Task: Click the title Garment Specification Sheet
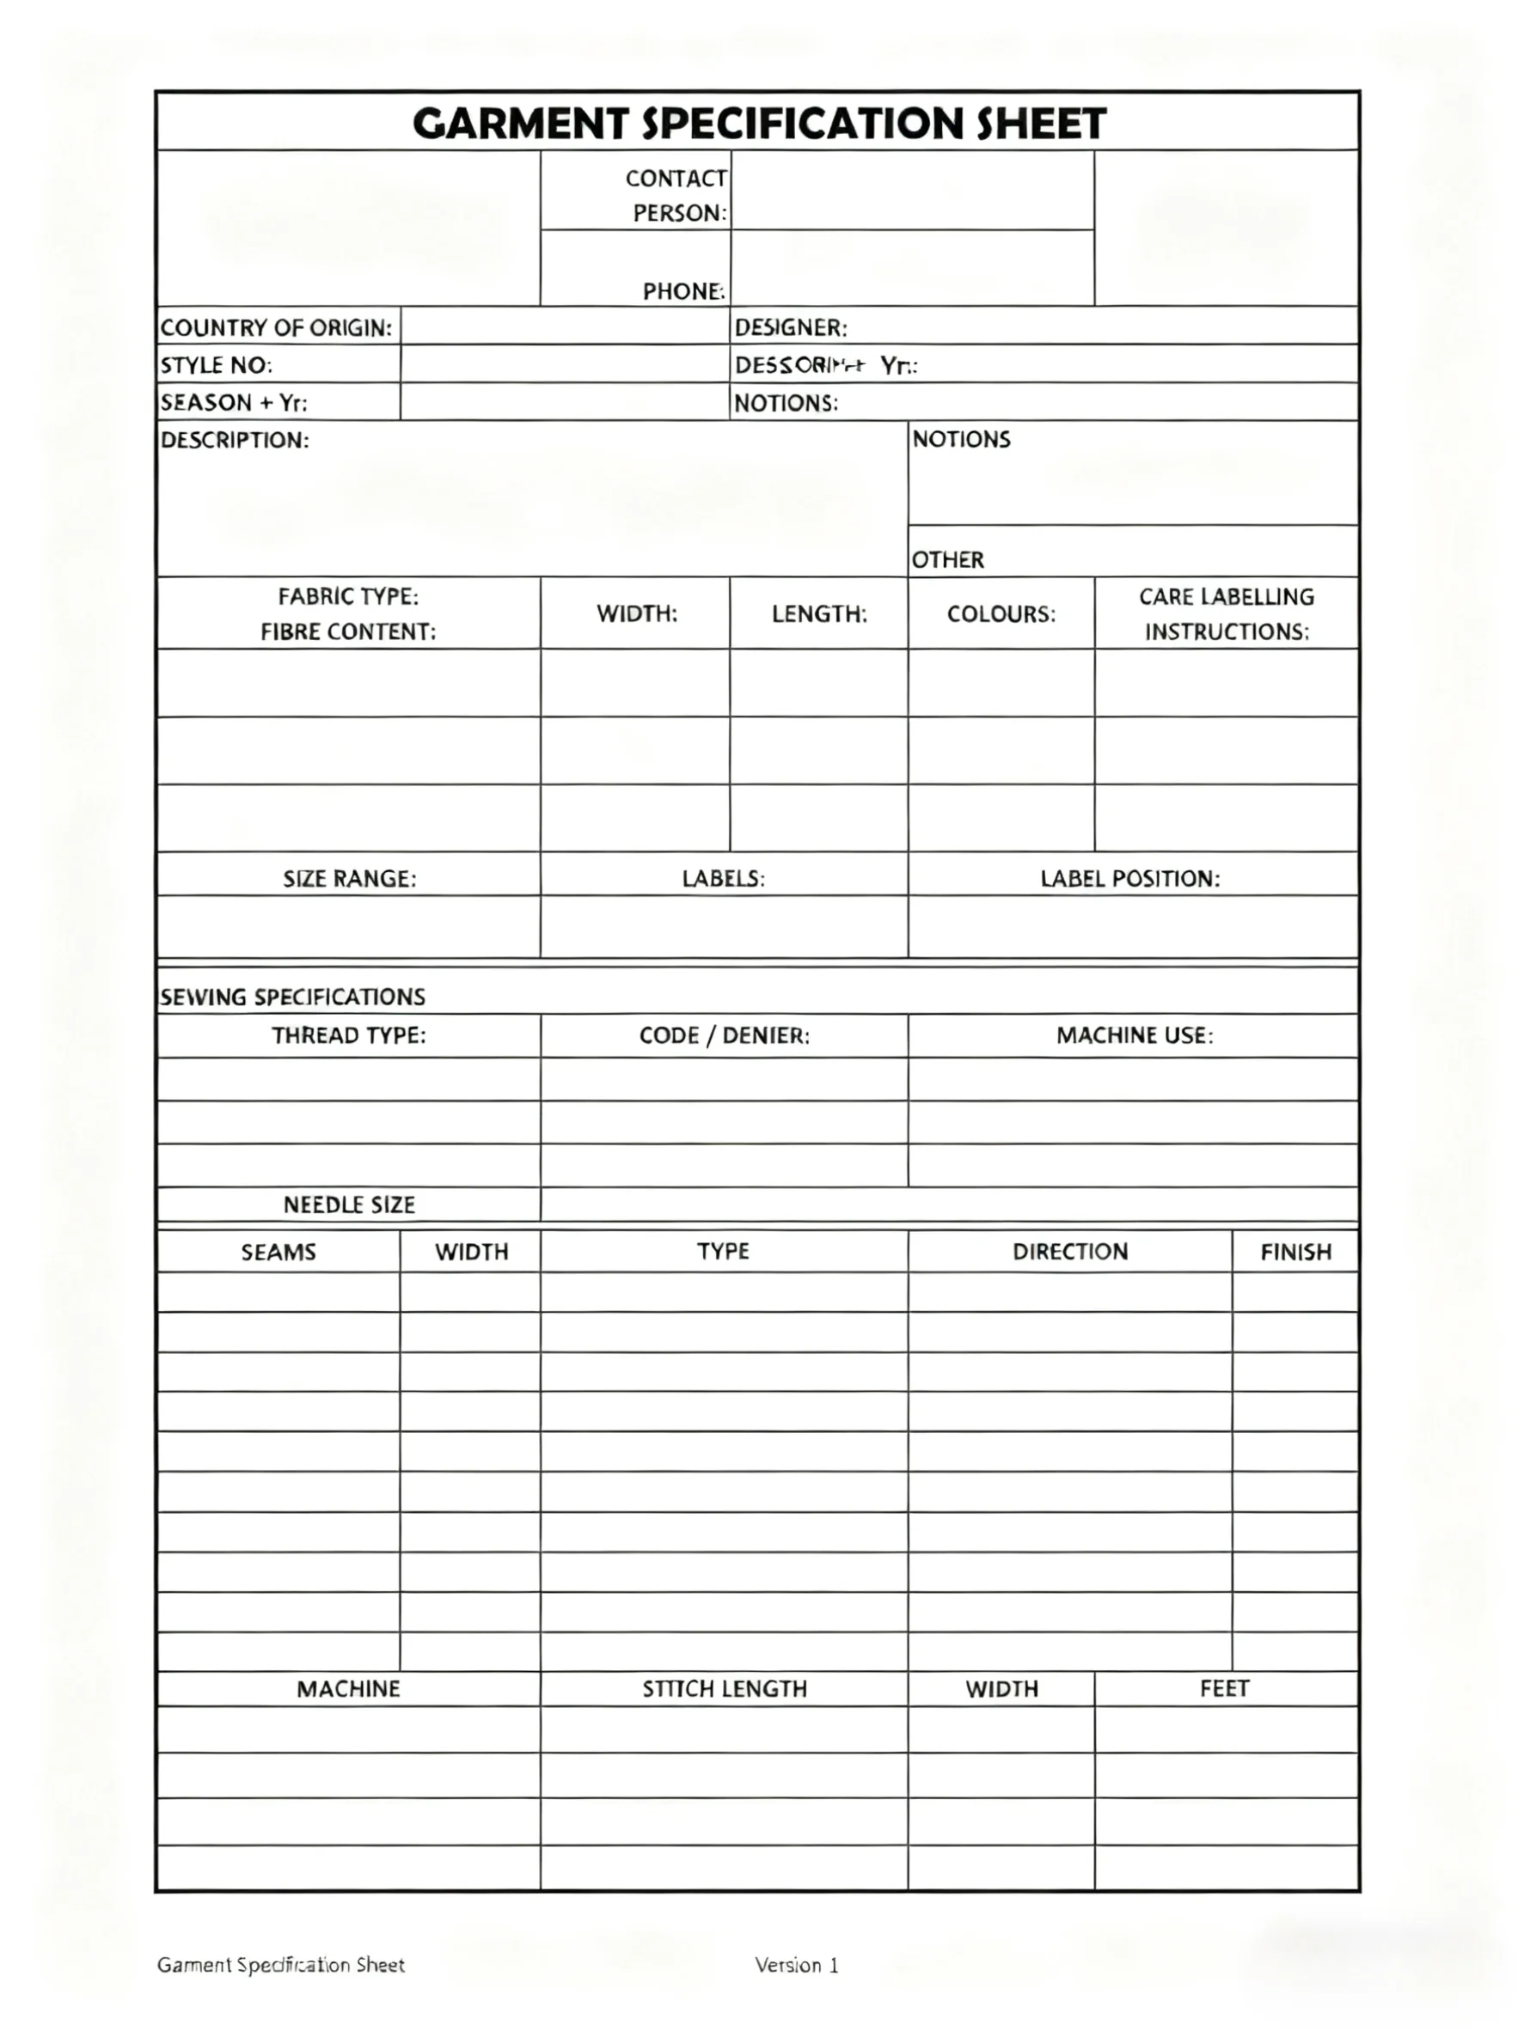point(759,123)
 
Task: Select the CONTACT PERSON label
point(676,195)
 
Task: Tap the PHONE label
point(683,291)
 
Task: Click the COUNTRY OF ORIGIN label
point(276,328)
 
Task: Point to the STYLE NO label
point(216,365)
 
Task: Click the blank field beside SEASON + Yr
point(564,402)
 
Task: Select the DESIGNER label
point(790,328)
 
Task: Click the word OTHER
point(947,559)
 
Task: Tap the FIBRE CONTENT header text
point(348,631)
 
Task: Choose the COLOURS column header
point(1001,613)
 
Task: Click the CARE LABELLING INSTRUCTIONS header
point(1226,613)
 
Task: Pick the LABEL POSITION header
point(1130,879)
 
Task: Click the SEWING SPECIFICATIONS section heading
point(292,997)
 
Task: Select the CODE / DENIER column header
point(724,1036)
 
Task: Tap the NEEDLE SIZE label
point(348,1205)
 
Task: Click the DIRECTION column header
point(1069,1252)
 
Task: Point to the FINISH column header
point(1295,1252)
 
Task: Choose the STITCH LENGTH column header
point(724,1688)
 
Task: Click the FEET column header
point(1224,1688)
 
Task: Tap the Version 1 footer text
point(797,1965)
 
